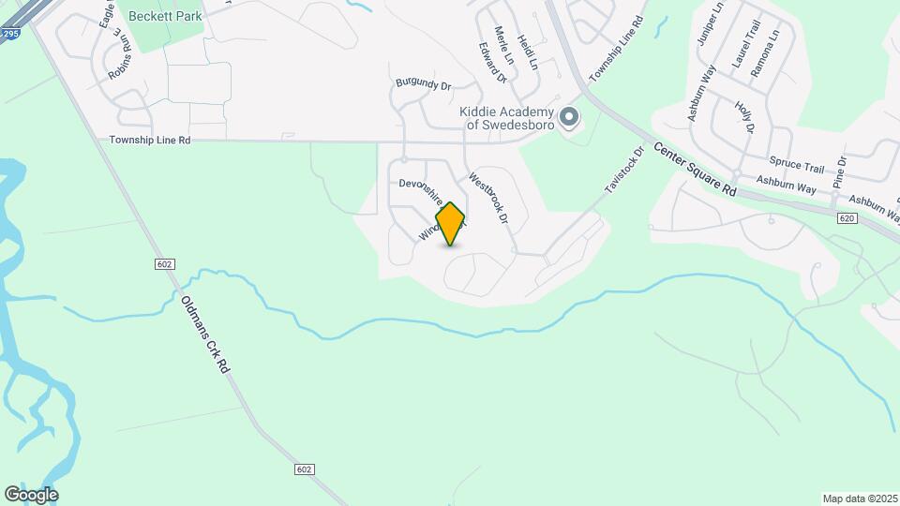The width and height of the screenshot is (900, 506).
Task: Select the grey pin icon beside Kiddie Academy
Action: pos(569,118)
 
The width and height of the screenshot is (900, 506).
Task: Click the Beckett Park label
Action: pos(165,16)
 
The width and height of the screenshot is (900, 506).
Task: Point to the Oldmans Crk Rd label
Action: pos(204,335)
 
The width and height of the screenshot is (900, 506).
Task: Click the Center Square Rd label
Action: pos(695,168)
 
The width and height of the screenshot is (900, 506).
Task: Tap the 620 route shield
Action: pos(847,216)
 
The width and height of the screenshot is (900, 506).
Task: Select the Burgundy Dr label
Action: pos(424,84)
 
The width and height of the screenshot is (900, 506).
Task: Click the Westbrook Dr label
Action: pos(488,198)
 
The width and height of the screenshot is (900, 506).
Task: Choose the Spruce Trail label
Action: pos(796,166)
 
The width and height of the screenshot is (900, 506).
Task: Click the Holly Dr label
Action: pos(745,117)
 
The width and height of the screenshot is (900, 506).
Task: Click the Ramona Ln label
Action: pos(773,46)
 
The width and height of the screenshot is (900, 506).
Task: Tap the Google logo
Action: pos(31,495)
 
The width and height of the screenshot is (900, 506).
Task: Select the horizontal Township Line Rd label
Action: pos(150,140)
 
